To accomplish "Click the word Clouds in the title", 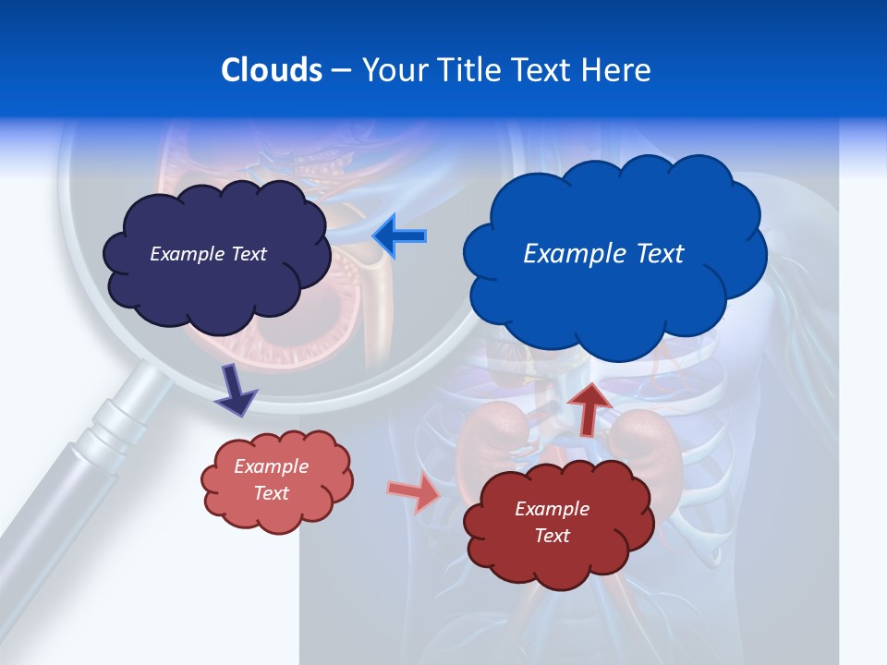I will (272, 70).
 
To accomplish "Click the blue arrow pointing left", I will (399, 236).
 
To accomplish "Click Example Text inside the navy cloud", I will (208, 254).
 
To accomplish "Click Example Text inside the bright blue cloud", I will (603, 254).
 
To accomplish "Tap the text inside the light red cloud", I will (272, 479).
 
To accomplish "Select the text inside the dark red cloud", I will (553, 522).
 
